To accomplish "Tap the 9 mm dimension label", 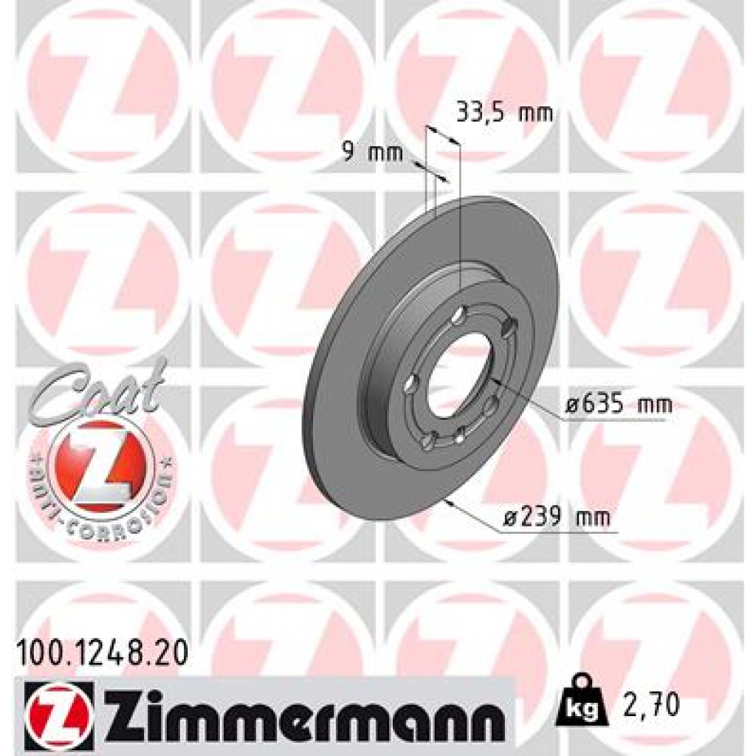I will [x=372, y=154].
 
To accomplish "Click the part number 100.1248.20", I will [x=100, y=652].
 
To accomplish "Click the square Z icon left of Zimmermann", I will [x=58, y=712].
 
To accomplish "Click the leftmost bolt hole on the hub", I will [x=411, y=383].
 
